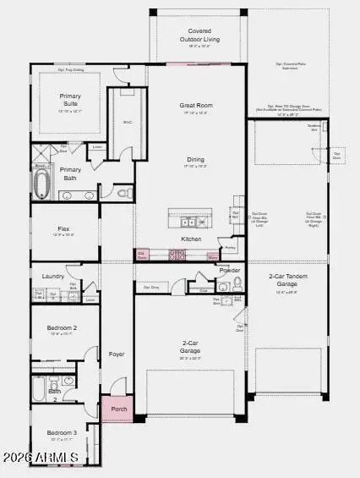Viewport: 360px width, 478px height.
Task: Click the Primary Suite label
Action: tap(70, 100)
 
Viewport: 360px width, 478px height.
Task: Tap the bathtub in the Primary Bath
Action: tap(41, 184)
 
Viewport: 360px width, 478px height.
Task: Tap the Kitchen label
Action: tap(192, 239)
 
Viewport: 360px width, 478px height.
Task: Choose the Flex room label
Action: tap(63, 228)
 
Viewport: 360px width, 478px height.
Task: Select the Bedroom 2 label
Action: tap(63, 327)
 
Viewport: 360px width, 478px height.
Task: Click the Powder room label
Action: tap(229, 270)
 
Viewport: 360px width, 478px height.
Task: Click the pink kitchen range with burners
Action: tap(178, 254)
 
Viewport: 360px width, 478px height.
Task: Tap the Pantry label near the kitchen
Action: tap(230, 248)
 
